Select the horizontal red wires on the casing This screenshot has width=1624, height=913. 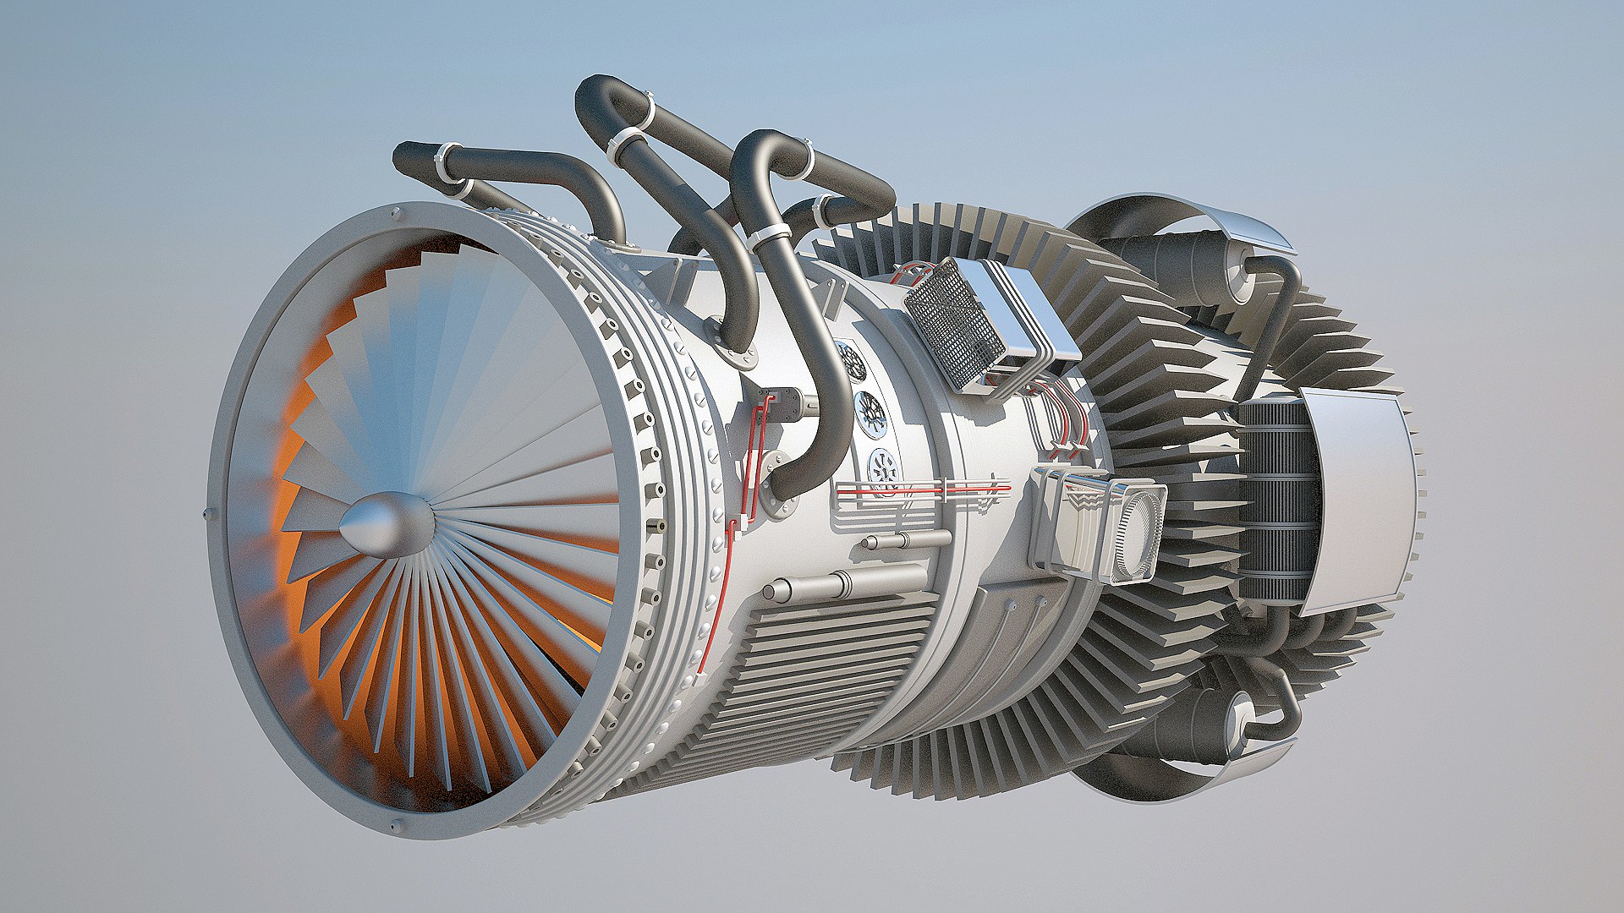[x=922, y=489]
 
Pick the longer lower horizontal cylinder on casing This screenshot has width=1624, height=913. [x=846, y=583]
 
